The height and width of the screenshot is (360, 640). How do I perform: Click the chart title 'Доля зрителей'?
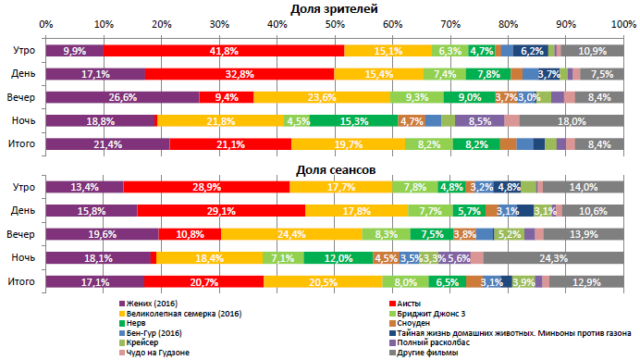[334, 8]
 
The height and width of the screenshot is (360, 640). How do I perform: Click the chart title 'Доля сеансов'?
[334, 170]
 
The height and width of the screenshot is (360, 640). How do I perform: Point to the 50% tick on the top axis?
[334, 23]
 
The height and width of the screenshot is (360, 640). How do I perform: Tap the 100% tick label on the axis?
[622, 23]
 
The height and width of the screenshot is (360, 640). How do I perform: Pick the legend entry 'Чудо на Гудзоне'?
[163, 353]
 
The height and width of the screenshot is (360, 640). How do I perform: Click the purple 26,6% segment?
[122, 97]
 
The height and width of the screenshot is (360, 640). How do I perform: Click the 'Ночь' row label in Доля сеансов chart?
[23, 257]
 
